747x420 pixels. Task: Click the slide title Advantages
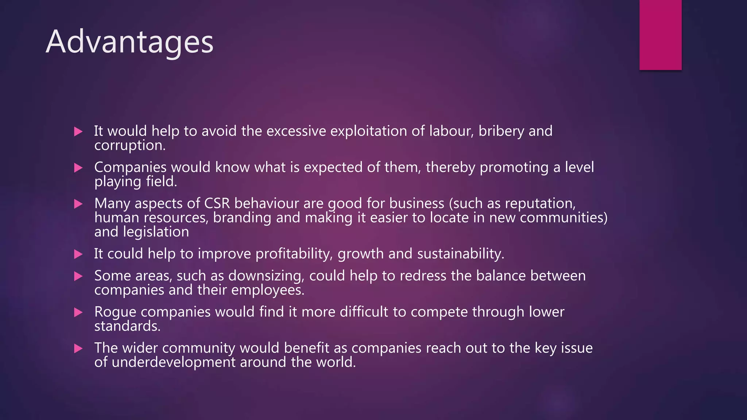pos(129,42)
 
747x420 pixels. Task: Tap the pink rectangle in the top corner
pos(660,35)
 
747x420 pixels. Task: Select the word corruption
pos(129,145)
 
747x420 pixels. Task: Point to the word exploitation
pos(368,131)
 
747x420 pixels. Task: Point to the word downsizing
pos(266,276)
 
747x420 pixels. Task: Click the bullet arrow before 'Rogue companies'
pos(78,312)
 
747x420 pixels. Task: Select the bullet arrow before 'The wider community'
pos(78,349)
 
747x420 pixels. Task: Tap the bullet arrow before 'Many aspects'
pos(78,204)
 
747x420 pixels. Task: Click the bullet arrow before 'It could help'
pos(78,254)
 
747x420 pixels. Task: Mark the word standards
pos(127,326)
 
